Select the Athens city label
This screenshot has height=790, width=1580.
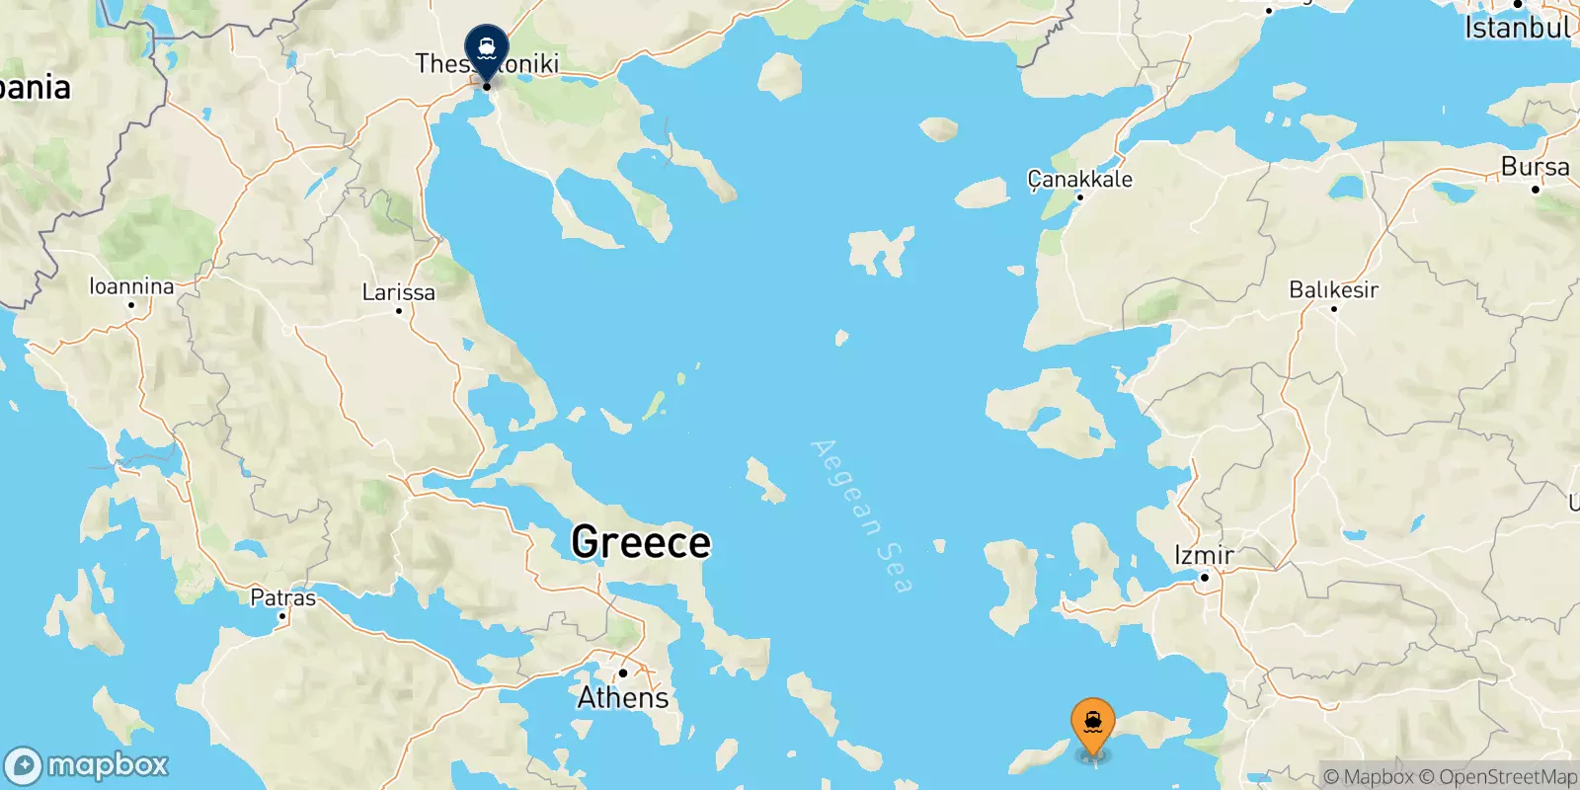[x=622, y=698]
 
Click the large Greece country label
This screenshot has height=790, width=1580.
[x=641, y=542]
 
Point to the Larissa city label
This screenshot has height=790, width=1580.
[x=398, y=292]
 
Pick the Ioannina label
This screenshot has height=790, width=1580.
[x=131, y=286]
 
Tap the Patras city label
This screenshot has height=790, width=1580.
[x=282, y=597]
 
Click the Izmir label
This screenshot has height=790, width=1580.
[x=1204, y=555]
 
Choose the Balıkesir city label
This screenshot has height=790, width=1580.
[x=1333, y=289]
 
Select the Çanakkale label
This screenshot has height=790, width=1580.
[x=1079, y=179]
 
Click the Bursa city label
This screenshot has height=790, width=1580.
[x=1535, y=167]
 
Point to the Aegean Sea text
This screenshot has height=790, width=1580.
[x=860, y=515]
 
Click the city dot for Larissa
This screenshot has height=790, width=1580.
[x=398, y=311]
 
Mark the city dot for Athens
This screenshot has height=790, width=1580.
[x=622, y=673]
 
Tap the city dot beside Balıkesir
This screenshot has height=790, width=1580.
[x=1333, y=309]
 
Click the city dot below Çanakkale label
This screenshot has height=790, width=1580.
[x=1079, y=197]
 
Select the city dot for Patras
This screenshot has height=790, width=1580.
[x=282, y=616]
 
